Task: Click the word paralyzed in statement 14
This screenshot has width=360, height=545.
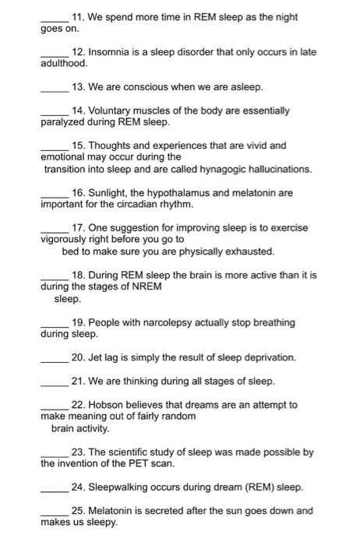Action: tap(65, 123)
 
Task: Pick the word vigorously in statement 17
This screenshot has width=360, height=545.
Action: tap(67, 240)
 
